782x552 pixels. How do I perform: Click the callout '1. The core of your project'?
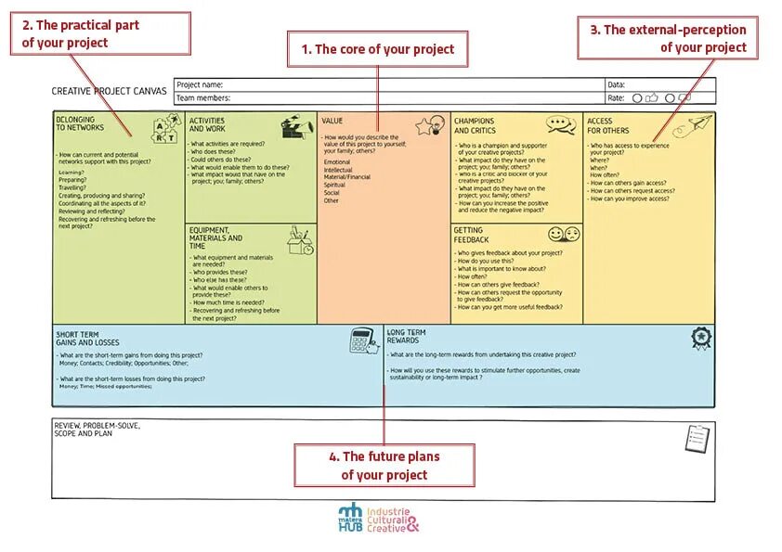pyautogui.click(x=377, y=49)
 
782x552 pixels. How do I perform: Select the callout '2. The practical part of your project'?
pyautogui.click(x=100, y=34)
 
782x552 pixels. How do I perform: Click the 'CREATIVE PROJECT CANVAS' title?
pyautogui.click(x=110, y=91)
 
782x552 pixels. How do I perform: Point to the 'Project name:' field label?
pyautogui.click(x=200, y=84)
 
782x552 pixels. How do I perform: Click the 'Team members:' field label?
pyautogui.click(x=203, y=97)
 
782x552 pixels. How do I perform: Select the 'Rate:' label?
pyautogui.click(x=616, y=97)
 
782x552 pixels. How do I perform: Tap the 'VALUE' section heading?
pyautogui.click(x=332, y=121)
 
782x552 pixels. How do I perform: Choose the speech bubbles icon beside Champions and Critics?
pyautogui.click(x=561, y=123)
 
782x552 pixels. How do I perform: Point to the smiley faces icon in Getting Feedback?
pyautogui.click(x=563, y=235)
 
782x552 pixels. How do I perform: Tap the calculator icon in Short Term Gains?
pyautogui.click(x=361, y=340)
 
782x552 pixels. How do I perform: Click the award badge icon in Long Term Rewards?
pyautogui.click(x=701, y=338)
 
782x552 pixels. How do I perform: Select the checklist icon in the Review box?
pyautogui.click(x=697, y=438)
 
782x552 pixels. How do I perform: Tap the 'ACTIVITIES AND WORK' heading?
pyautogui.click(x=207, y=124)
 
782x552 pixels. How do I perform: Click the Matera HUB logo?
pyautogui.click(x=350, y=518)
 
